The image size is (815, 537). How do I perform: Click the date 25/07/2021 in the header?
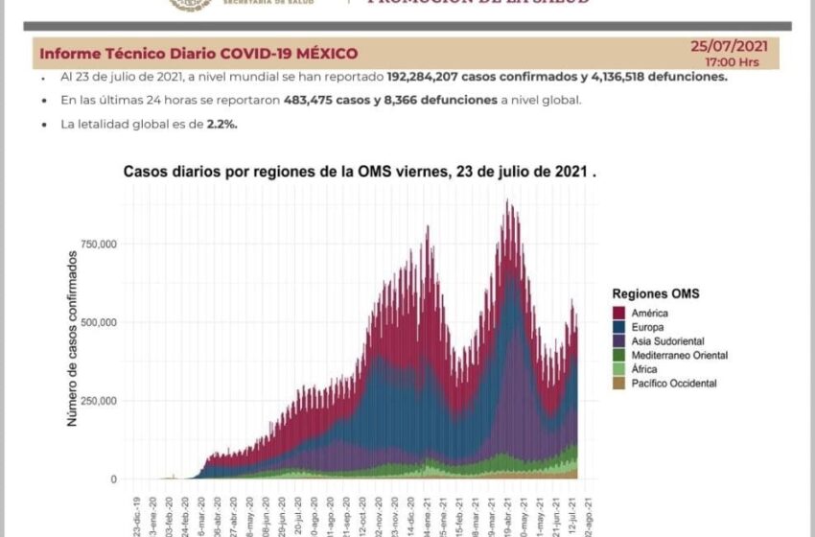729,46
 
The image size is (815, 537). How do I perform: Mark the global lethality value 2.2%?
220,124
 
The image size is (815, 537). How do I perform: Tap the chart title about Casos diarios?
360,173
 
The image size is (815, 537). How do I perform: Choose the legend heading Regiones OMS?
655,293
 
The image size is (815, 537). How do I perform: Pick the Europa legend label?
650,327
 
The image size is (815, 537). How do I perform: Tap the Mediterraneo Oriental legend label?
680,356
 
